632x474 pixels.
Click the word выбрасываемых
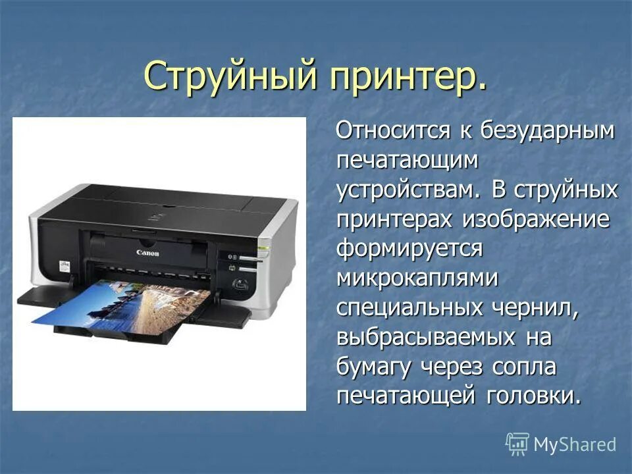pos(425,338)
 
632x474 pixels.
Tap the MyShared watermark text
pos(575,444)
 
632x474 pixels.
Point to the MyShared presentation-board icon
pos(517,444)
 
